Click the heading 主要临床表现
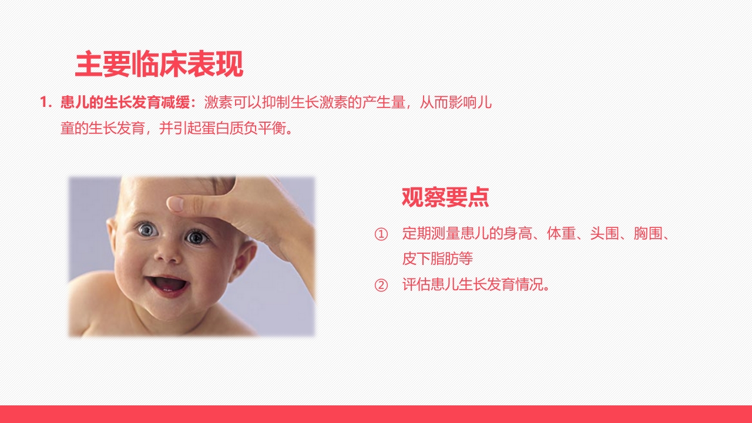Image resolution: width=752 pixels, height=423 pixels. pyautogui.click(x=159, y=65)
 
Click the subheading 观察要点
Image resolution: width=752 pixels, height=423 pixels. pyautogui.click(x=445, y=197)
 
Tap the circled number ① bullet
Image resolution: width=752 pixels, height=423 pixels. pyautogui.click(x=381, y=234)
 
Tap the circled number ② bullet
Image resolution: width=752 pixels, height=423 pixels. pyautogui.click(x=381, y=286)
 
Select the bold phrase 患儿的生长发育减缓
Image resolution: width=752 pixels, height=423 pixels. pyautogui.click(x=125, y=103)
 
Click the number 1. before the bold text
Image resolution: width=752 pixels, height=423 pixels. pyautogui.click(x=46, y=103)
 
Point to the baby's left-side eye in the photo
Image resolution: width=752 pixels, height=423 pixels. pyautogui.click(x=146, y=230)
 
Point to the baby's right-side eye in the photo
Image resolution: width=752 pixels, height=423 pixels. pyautogui.click(x=196, y=237)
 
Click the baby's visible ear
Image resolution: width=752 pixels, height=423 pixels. pyautogui.click(x=244, y=258)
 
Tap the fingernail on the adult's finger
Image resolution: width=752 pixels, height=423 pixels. pyautogui.click(x=176, y=204)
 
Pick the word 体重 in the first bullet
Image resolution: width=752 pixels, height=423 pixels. pyautogui.click(x=560, y=234)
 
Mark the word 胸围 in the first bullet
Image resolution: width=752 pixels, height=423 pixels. pyautogui.click(x=647, y=234)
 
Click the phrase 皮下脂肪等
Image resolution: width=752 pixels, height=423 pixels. pyautogui.click(x=438, y=258)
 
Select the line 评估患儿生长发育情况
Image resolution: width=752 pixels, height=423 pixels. pyautogui.click(x=476, y=286)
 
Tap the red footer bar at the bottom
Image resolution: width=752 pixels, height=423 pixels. pyautogui.click(x=376, y=414)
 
